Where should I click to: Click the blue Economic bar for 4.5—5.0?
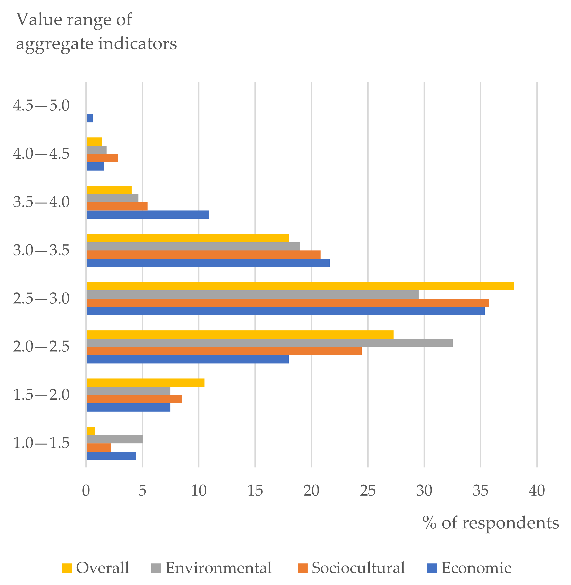tap(90, 118)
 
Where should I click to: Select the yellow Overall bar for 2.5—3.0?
tap(300, 286)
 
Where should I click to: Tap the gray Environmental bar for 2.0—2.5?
tap(269, 343)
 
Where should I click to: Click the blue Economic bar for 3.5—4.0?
tap(147, 214)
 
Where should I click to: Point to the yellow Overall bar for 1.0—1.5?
tap(91, 431)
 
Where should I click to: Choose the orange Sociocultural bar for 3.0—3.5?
tap(203, 255)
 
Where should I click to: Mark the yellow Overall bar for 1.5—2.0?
tap(146, 383)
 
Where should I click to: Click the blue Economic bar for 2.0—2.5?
tap(187, 359)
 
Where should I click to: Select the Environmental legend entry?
tap(212, 568)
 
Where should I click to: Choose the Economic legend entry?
tap(469, 568)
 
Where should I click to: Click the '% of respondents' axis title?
tap(491, 523)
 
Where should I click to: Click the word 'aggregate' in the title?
tap(55, 44)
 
